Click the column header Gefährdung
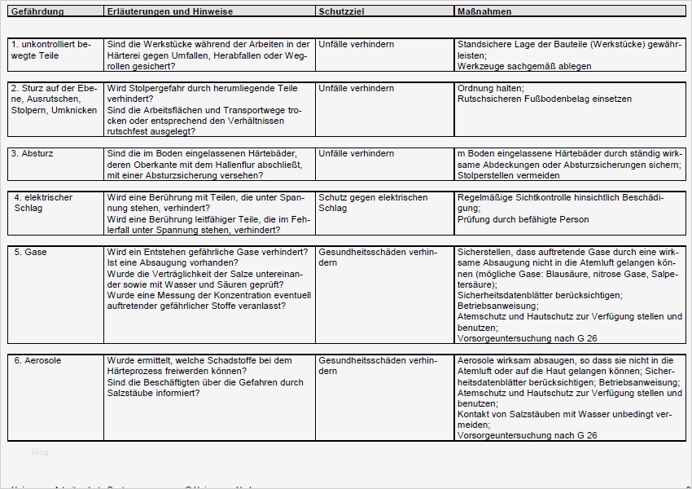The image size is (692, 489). point(37,12)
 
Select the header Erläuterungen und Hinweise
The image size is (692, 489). point(169,12)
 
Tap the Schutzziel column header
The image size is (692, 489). point(342,12)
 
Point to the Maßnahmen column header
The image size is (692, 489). point(486,12)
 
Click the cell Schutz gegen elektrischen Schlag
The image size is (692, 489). point(373,203)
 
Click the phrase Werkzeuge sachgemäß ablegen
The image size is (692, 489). point(524,67)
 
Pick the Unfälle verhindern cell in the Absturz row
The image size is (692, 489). point(357,153)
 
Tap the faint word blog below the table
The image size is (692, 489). point(41,452)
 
